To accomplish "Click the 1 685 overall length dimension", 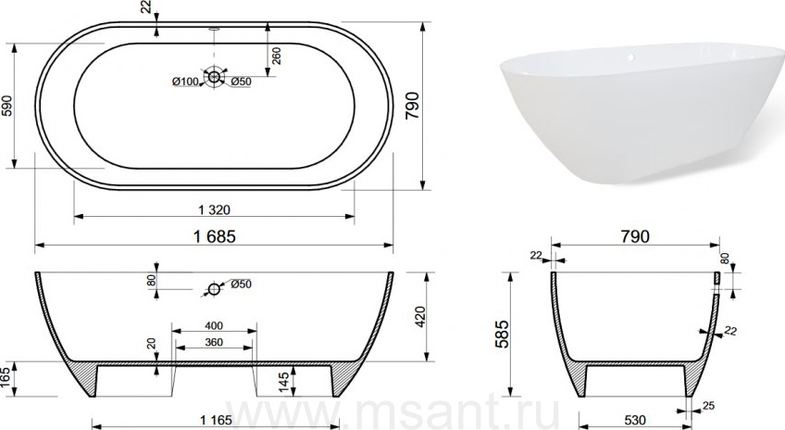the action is [214, 236].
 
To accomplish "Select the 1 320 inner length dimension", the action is [214, 209].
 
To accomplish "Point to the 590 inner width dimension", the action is [7, 106].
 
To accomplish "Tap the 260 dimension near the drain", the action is [276, 56].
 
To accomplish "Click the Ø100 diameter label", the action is [185, 82].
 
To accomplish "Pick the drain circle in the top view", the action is [214, 77].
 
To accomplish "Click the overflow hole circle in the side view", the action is [214, 289].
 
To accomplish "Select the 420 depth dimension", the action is [420, 316].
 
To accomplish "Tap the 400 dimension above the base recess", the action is [214, 326].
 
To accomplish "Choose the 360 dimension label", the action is [214, 342].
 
